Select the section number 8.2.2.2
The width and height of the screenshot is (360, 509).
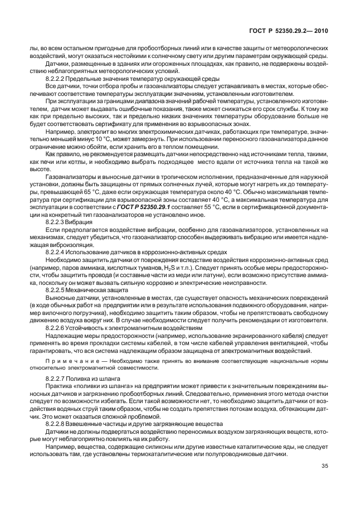[x=56, y=80]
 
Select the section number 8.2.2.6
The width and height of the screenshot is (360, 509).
[x=56, y=328]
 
